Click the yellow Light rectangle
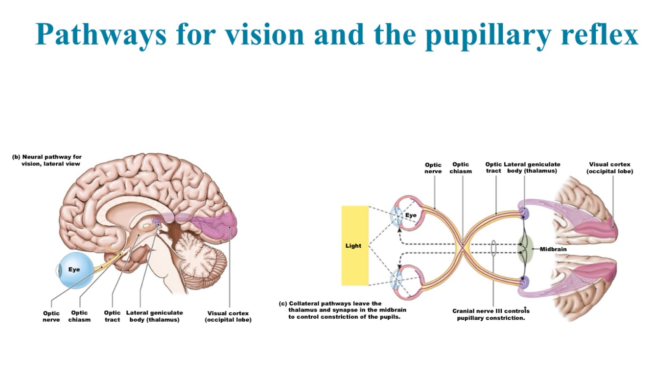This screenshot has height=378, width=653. click(x=354, y=245)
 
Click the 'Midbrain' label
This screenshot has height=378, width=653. click(x=553, y=249)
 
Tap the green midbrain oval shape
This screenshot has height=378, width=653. click(x=525, y=249)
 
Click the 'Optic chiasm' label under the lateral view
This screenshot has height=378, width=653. click(x=79, y=316)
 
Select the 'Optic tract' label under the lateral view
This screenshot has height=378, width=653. click(x=112, y=316)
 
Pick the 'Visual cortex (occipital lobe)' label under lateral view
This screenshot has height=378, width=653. click(x=228, y=316)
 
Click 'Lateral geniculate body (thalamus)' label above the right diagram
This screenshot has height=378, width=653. click(x=532, y=167)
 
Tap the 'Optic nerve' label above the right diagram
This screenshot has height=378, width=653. click(x=433, y=168)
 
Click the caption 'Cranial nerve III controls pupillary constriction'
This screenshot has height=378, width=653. click(x=491, y=314)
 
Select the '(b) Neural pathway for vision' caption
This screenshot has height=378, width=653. click(x=47, y=160)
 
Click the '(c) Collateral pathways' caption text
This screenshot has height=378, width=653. click(x=343, y=310)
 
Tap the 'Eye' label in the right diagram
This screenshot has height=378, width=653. click(x=411, y=215)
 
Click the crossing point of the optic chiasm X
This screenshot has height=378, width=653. click(x=463, y=246)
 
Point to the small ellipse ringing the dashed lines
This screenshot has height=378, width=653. click(x=493, y=248)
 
